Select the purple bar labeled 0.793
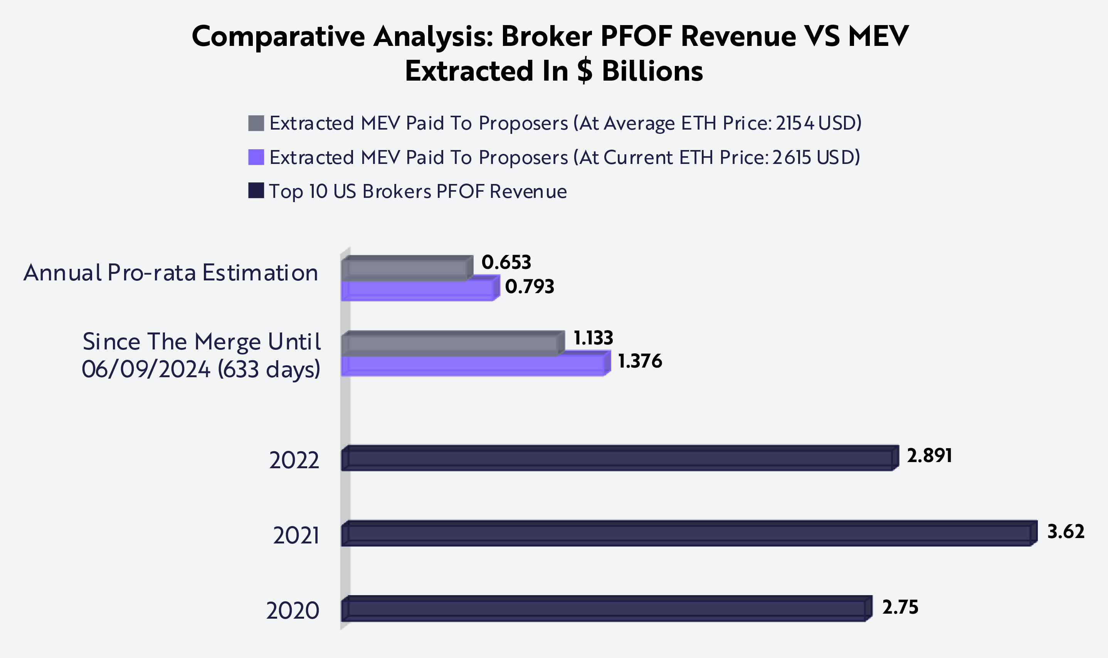[x=417, y=291]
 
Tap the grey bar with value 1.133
[x=450, y=344]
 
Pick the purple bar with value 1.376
[x=473, y=366]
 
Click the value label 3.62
[x=1066, y=531]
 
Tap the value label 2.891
[x=930, y=456]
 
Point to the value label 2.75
[x=900, y=607]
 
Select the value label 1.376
[x=640, y=361]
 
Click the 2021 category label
[x=296, y=536]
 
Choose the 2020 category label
[x=293, y=611]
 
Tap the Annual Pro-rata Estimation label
[x=171, y=273]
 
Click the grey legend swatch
[x=256, y=123]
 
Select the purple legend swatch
[x=256, y=157]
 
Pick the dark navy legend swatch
[x=256, y=191]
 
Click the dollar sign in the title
[x=585, y=71]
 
